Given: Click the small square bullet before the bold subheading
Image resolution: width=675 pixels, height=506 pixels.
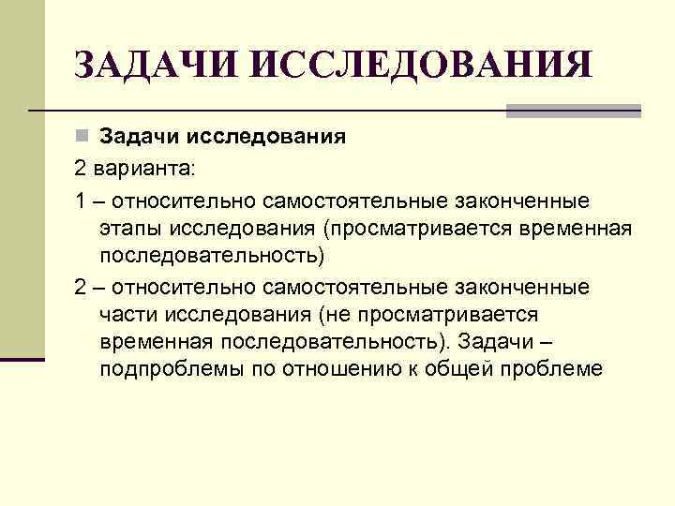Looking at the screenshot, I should point(83,137).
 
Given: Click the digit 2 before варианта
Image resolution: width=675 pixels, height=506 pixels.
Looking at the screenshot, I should point(80,170).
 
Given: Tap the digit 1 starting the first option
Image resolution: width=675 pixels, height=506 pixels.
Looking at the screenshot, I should point(80,201).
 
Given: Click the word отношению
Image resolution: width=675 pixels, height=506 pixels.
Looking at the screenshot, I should point(327,369).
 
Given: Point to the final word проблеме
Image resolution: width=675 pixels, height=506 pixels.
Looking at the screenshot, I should point(549,369).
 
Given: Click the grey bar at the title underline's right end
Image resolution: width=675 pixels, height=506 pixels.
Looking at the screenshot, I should point(573,111).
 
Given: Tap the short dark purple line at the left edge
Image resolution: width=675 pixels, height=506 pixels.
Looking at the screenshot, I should point(22,359).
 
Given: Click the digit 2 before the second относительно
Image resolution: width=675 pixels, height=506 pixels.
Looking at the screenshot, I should point(80,286).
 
